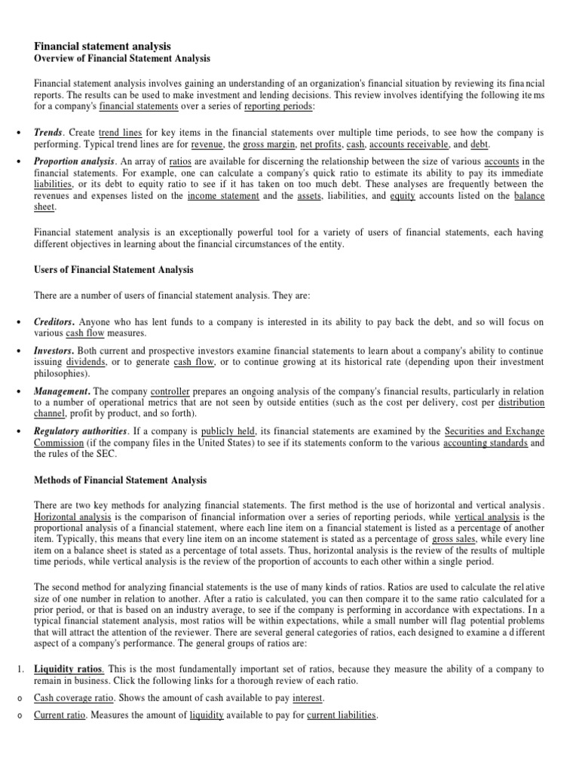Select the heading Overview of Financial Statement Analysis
click(x=122, y=59)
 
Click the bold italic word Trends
click(x=47, y=131)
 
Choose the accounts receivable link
click(x=408, y=143)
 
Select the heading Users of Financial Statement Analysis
click(x=114, y=269)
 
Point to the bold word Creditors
click(x=54, y=322)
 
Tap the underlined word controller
click(x=170, y=392)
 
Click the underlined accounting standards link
click(x=486, y=443)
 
